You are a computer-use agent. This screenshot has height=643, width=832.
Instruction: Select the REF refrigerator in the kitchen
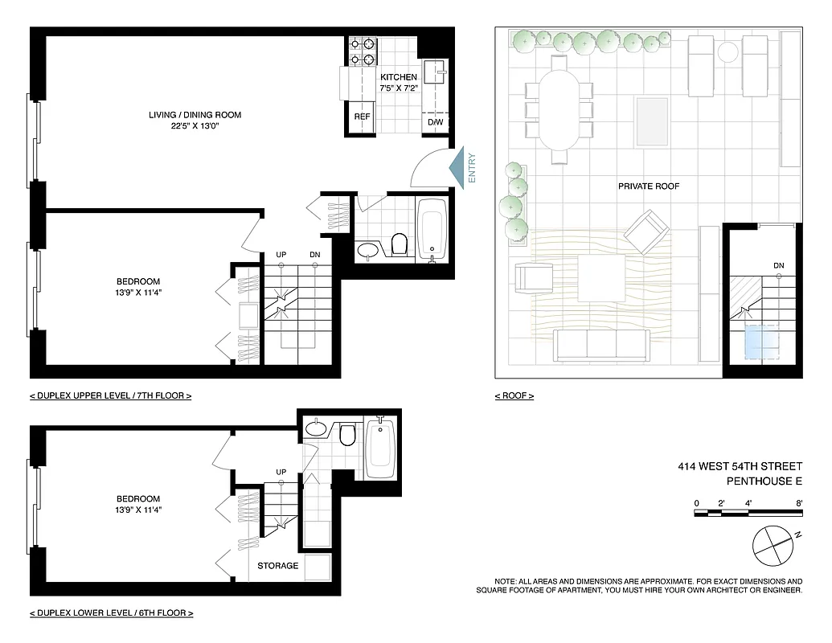(363, 117)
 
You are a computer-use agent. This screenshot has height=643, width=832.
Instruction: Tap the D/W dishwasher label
(436, 122)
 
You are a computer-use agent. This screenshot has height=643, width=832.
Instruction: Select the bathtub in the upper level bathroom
(432, 228)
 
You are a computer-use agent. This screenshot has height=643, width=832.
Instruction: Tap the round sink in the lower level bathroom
(316, 428)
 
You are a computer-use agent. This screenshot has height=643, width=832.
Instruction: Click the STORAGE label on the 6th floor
(278, 566)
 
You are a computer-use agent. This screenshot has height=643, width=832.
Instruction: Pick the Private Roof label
(649, 186)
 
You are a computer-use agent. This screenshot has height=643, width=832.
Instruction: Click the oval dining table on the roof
(559, 110)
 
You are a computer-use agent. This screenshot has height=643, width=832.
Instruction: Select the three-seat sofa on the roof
(602, 345)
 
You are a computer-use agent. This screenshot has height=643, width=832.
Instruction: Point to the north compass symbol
(774, 546)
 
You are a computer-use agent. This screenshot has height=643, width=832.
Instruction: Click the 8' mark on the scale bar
(799, 503)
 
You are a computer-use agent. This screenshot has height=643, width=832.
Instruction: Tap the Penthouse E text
(764, 482)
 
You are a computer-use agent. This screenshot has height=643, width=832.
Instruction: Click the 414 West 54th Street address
(740, 466)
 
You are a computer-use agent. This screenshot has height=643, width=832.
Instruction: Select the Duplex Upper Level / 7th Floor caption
(111, 395)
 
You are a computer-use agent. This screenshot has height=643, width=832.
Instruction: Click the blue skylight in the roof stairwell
(762, 342)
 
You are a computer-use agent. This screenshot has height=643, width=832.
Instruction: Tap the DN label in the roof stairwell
(778, 266)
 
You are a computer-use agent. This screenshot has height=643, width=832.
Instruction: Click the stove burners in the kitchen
(363, 52)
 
